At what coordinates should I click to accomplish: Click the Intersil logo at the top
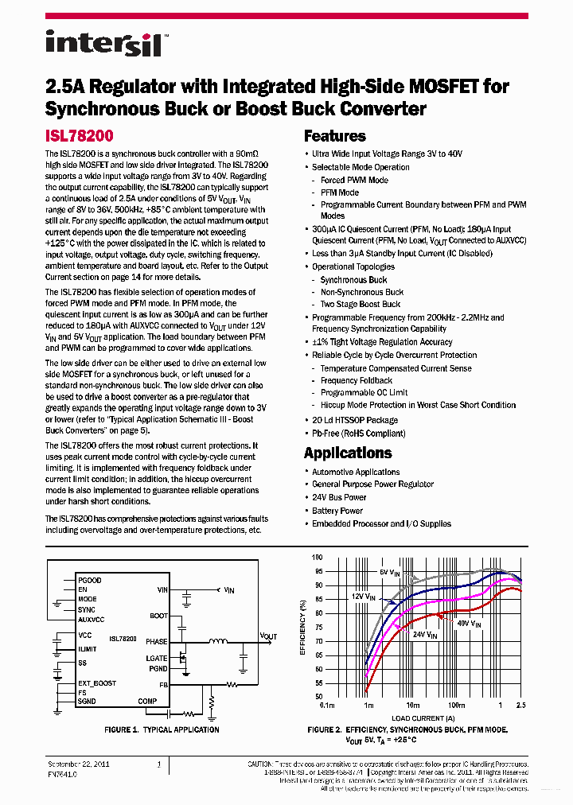point(103,43)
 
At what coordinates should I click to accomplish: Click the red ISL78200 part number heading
point(79,136)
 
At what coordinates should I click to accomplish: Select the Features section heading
point(334,136)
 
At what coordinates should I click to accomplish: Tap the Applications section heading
point(348,453)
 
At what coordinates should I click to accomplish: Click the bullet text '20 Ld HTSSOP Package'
point(354,420)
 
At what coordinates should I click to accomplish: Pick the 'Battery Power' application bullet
point(337,511)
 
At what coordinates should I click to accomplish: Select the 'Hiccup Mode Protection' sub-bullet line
point(418,405)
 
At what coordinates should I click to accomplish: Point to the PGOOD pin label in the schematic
point(89,581)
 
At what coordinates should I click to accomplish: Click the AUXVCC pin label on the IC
point(91,619)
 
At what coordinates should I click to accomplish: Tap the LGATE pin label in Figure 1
point(157,658)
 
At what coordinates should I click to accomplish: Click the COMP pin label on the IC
point(147,701)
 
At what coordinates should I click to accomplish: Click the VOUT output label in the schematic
point(269,636)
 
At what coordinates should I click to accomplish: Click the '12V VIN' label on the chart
point(364,596)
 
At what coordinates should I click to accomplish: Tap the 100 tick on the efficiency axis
point(318,558)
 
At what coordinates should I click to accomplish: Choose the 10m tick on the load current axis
point(412,706)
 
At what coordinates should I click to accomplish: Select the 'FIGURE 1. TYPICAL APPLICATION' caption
point(162,729)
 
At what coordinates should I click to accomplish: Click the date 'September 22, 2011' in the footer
point(78,764)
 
